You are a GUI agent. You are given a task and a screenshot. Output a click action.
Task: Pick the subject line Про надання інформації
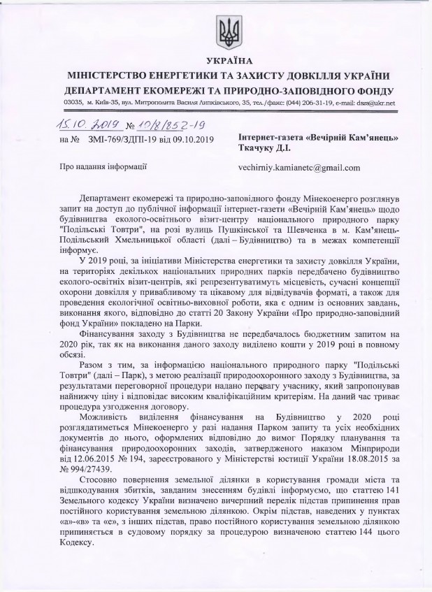pos(102,168)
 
